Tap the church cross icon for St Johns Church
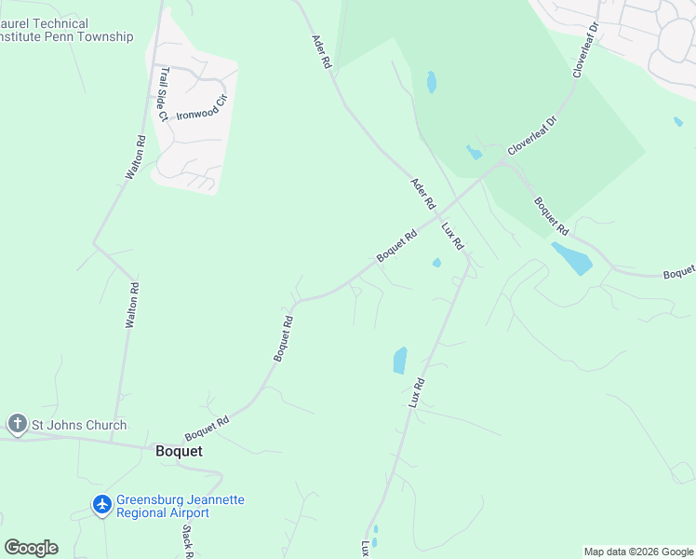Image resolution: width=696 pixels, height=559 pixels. point(17,425)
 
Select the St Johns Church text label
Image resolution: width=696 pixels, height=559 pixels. point(79,426)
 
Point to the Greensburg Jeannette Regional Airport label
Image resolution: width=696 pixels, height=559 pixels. point(181,506)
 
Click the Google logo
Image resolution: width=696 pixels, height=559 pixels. point(31,547)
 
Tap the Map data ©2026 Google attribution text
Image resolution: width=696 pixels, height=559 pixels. point(639,552)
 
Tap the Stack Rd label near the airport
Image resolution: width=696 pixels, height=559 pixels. point(186,541)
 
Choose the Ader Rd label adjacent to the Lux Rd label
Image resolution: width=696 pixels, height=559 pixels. point(423,195)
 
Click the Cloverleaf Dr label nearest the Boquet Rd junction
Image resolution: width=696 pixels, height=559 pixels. point(531,136)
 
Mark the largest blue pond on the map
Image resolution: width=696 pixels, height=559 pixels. point(570,258)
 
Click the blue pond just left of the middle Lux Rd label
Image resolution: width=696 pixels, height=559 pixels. point(400,360)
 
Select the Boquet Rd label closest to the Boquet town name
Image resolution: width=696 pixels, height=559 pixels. point(207,429)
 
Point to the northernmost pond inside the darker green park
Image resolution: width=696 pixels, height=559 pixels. point(431,82)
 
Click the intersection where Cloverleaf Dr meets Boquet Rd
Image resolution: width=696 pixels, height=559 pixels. point(504,161)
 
